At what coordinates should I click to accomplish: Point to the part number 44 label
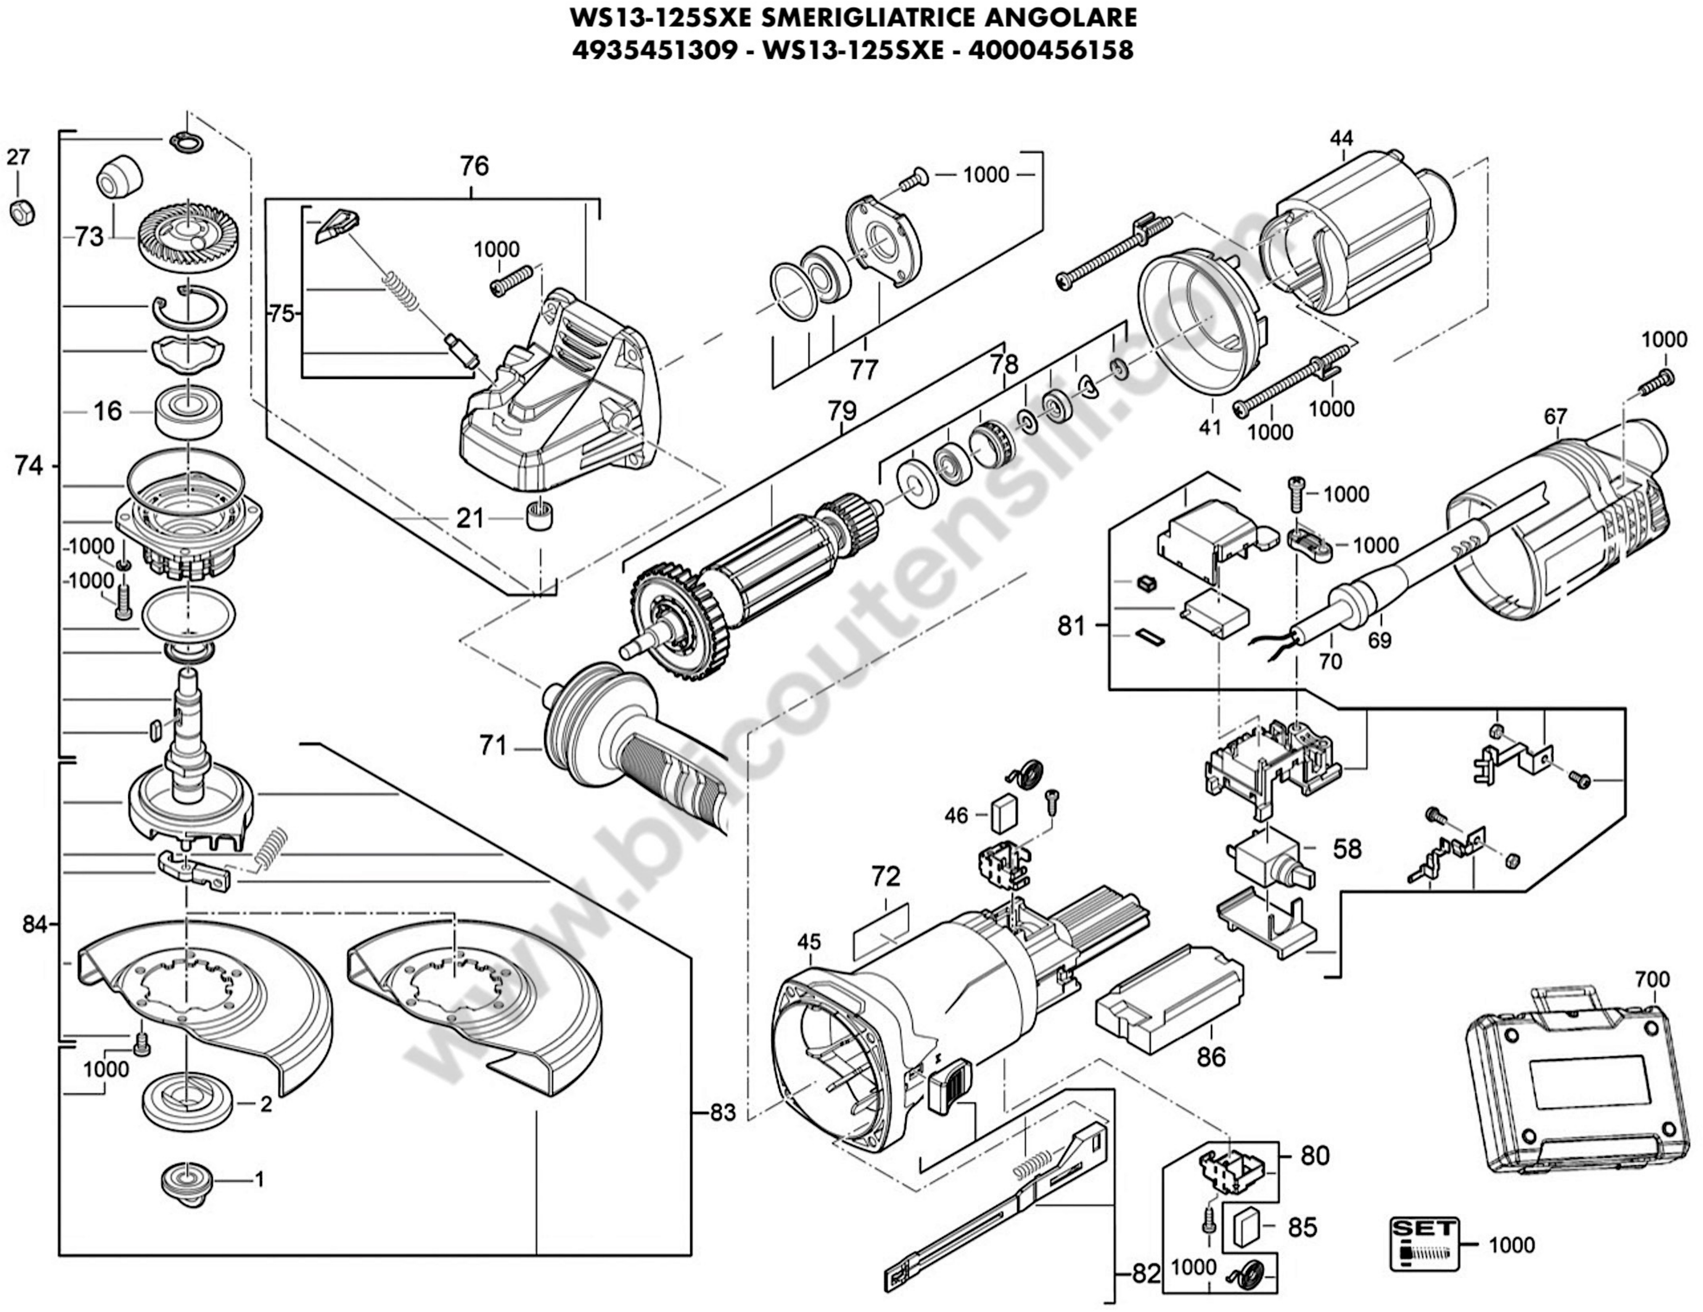(1341, 138)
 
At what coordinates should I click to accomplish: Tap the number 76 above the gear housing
(473, 166)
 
